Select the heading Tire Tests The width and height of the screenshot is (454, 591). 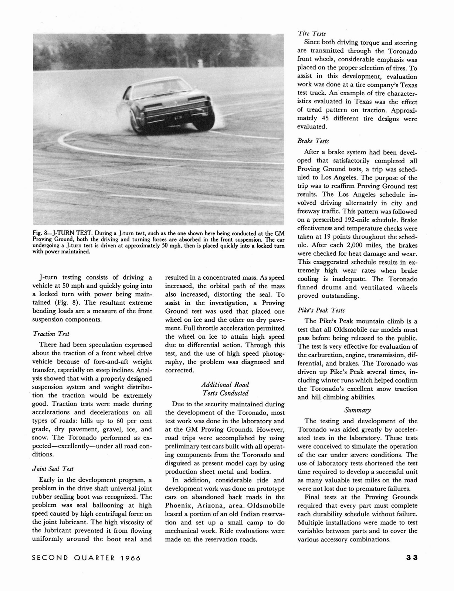point(312,33)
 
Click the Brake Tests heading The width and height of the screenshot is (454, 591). point(313,141)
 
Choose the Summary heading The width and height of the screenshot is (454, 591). point(357,410)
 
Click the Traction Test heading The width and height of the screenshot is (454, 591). point(51,334)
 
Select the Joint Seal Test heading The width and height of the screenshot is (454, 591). point(53,469)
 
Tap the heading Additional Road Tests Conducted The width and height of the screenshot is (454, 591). point(225,389)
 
